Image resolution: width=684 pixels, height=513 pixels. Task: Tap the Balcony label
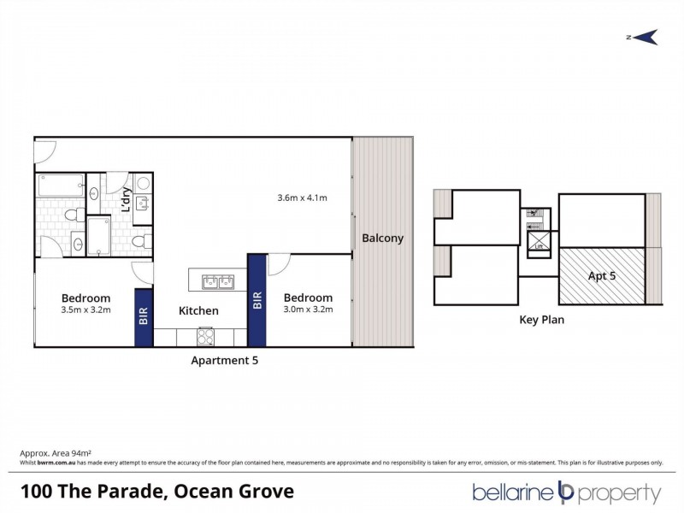point(382,239)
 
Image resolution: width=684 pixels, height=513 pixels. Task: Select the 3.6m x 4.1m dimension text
point(303,198)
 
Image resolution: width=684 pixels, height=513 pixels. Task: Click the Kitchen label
point(198,311)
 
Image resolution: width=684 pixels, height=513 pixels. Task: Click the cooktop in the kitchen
point(207,334)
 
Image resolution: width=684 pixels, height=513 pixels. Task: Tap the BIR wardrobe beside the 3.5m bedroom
point(144,317)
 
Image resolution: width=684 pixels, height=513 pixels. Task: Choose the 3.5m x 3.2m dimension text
point(86,310)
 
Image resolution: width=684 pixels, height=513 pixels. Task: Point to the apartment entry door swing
point(44,152)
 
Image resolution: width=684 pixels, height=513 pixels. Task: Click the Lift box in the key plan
point(539,245)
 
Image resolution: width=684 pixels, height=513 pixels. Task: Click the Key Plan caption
point(541,321)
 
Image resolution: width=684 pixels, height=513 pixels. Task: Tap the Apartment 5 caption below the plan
point(224,360)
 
